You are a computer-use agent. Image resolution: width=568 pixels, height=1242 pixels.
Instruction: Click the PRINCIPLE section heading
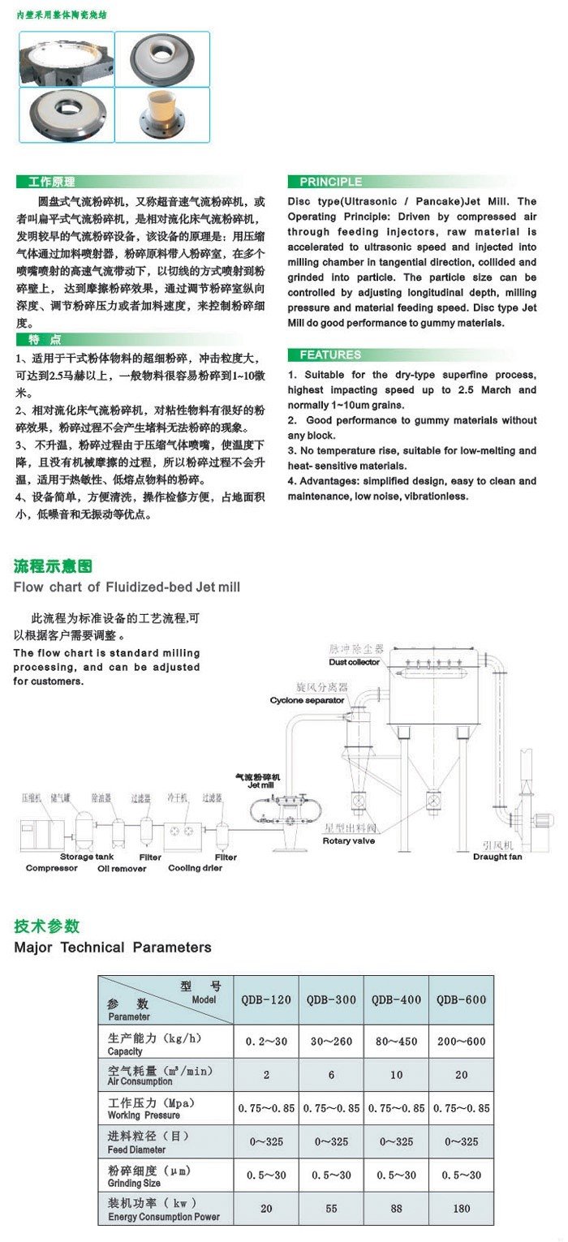pyautogui.click(x=331, y=182)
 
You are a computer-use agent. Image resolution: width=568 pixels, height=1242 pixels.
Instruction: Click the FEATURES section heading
pyautogui.click(x=330, y=355)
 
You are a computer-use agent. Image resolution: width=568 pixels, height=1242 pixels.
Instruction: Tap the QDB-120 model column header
pyautogui.click(x=266, y=999)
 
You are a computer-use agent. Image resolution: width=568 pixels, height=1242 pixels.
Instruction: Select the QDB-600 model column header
pyautogui.click(x=462, y=999)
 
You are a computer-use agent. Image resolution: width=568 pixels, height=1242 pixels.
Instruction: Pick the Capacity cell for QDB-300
pyautogui.click(x=331, y=1042)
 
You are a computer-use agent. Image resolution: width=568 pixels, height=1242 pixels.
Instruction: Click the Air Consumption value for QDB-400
pyautogui.click(x=396, y=1075)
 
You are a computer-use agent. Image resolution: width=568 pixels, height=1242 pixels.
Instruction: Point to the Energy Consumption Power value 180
pyautogui.click(x=462, y=1209)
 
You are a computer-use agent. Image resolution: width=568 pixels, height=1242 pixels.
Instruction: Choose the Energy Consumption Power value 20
pyautogui.click(x=266, y=1209)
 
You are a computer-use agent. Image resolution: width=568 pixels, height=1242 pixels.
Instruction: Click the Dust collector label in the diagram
pyautogui.click(x=354, y=662)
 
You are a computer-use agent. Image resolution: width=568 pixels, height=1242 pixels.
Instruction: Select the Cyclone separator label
pyautogui.click(x=308, y=699)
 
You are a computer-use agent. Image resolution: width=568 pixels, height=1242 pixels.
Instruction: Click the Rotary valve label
pyautogui.click(x=349, y=840)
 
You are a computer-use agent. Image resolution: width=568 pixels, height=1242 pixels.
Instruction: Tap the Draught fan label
pyautogui.click(x=497, y=856)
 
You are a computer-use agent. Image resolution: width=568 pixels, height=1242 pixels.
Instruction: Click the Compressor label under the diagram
pyautogui.click(x=52, y=868)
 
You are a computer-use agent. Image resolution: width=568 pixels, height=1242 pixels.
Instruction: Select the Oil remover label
pyautogui.click(x=122, y=868)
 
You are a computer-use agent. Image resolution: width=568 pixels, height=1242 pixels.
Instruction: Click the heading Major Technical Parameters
pyautogui.click(x=113, y=947)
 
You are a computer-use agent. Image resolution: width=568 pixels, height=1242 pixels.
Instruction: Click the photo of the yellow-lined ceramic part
pyautogui.click(x=162, y=114)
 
